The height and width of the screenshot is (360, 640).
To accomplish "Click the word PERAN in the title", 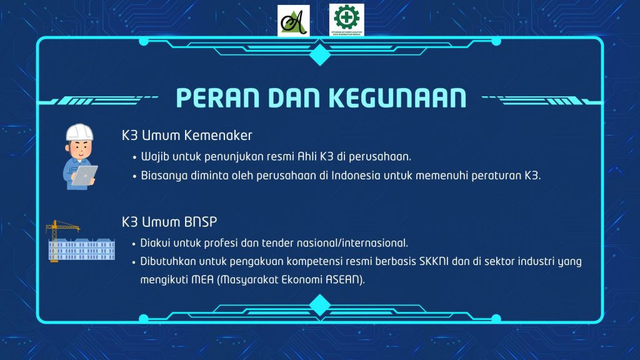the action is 217,98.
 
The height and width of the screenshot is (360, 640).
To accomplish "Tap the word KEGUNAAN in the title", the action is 397,98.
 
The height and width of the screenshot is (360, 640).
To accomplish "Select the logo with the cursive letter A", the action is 294,21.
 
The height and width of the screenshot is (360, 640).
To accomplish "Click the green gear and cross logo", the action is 346,20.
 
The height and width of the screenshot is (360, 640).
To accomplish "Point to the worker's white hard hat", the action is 79,132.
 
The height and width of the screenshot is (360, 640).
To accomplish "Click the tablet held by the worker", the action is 85,176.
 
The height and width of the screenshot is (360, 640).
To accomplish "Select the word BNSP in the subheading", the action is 201,222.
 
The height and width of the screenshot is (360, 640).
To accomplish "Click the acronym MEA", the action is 202,280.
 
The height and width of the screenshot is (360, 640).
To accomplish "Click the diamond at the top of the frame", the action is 320,54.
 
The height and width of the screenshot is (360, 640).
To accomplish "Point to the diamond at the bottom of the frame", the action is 320,305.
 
